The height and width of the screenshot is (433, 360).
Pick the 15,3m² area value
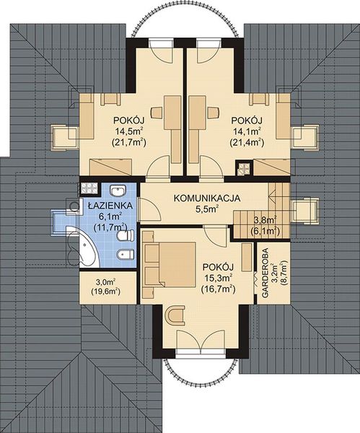click(217, 277)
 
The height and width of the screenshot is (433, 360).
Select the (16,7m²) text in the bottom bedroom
click(217, 289)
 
